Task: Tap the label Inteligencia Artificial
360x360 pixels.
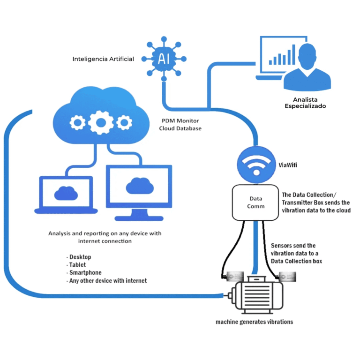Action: click(103, 59)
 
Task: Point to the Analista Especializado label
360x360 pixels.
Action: click(305, 103)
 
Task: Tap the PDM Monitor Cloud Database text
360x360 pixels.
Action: click(180, 124)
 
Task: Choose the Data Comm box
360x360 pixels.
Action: click(256, 202)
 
